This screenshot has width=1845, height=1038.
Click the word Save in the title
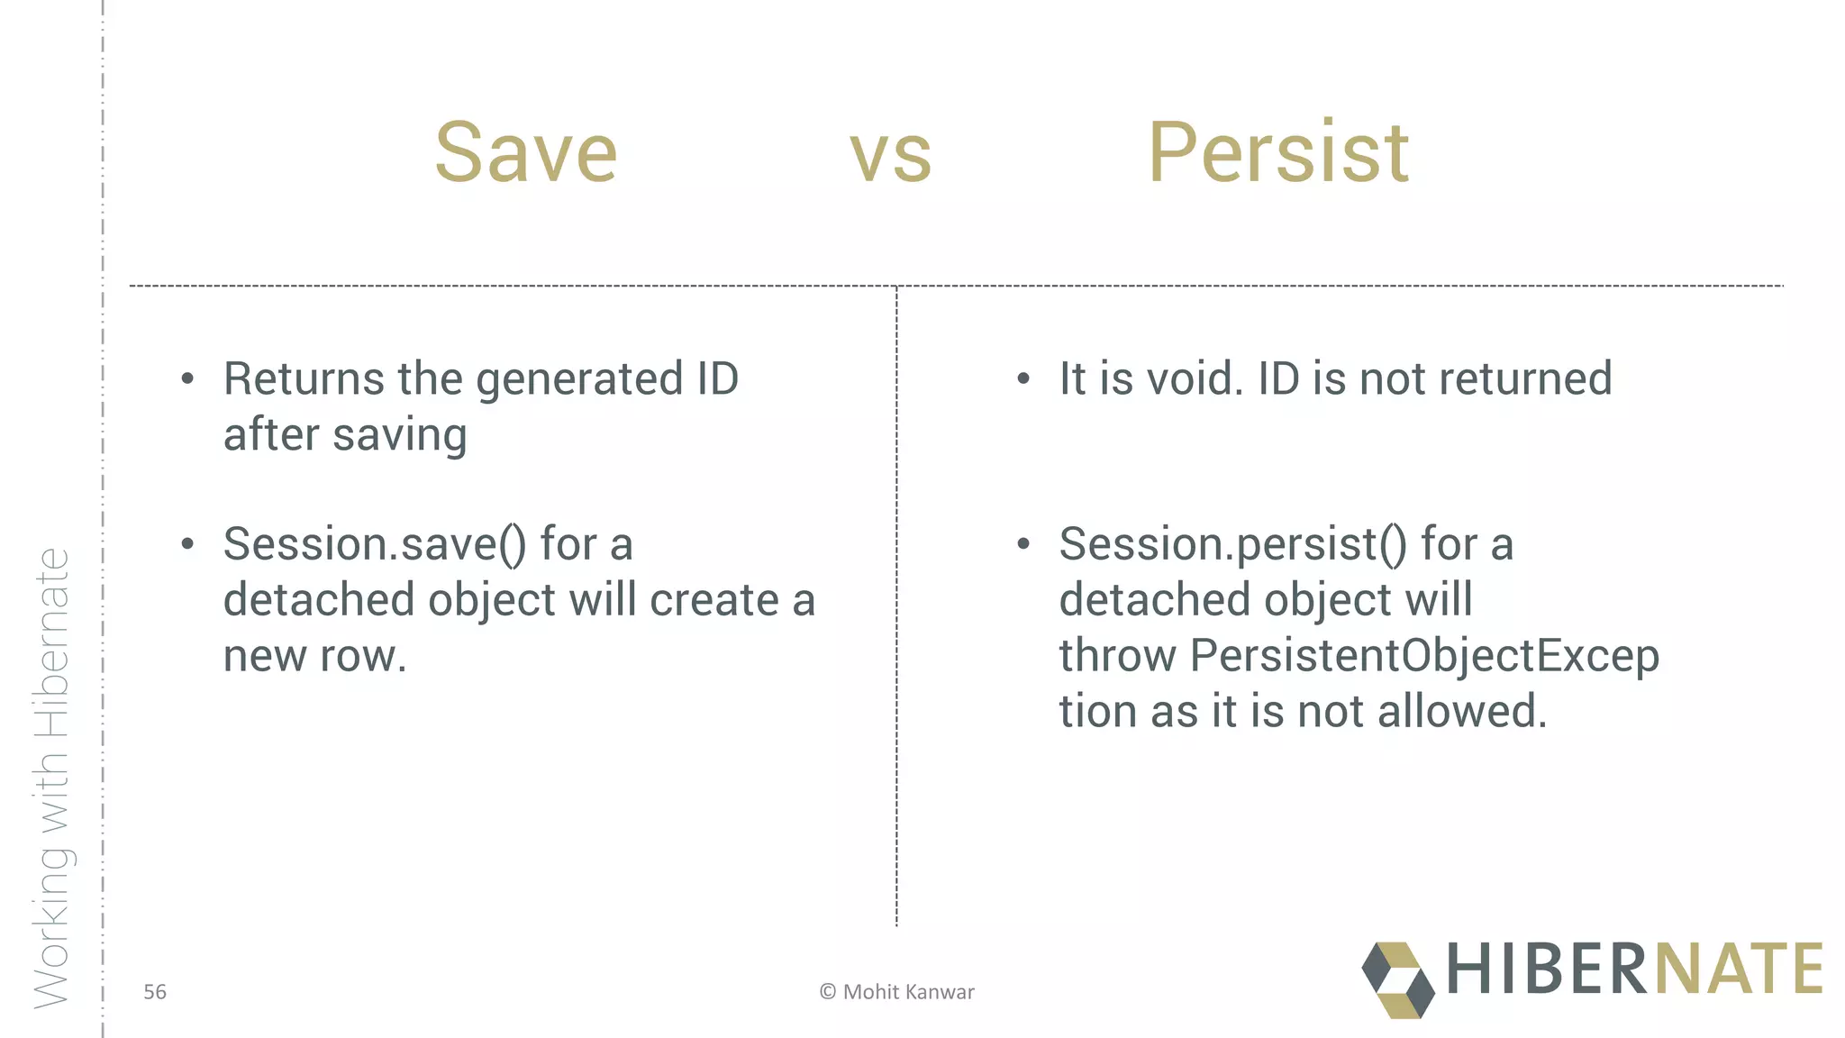[x=526, y=153]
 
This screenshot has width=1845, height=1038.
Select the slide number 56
[x=155, y=992]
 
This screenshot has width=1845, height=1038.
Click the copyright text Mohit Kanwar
[x=897, y=992]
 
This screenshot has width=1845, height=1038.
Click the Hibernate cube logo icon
[x=1397, y=980]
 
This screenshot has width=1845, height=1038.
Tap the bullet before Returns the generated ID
[x=187, y=379]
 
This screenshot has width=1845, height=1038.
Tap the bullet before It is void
[x=1022, y=379]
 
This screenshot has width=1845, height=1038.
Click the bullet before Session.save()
[x=187, y=544]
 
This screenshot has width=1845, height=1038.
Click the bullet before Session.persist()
[x=1022, y=544]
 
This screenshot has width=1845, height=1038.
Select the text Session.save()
[x=375, y=545]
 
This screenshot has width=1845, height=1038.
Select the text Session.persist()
[x=1232, y=545]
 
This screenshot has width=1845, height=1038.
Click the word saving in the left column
[x=400, y=436]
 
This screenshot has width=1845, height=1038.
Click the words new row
[x=314, y=657]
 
